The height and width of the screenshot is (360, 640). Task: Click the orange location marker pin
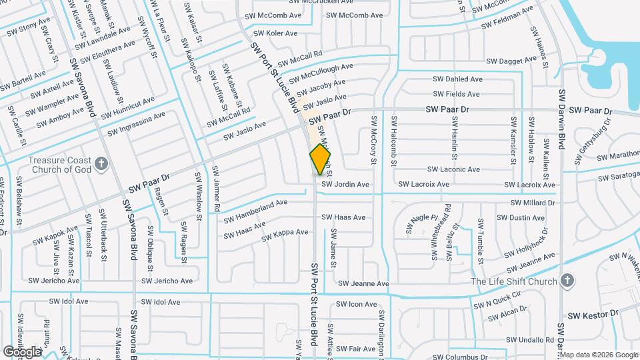coord(320,159)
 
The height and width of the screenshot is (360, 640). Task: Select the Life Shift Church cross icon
coord(567,281)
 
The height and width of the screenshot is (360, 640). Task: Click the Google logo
coord(22,351)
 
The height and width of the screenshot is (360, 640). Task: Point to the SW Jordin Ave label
coord(345,185)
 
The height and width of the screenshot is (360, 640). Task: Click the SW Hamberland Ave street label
coord(255,209)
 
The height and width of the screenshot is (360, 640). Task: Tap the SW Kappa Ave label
coord(285,235)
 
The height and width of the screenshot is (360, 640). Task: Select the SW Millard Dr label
coord(533,203)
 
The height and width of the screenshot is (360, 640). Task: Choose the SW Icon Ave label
coord(357,304)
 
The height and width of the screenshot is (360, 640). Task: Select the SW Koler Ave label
coord(276,33)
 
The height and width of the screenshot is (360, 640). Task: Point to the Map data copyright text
coord(599,355)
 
